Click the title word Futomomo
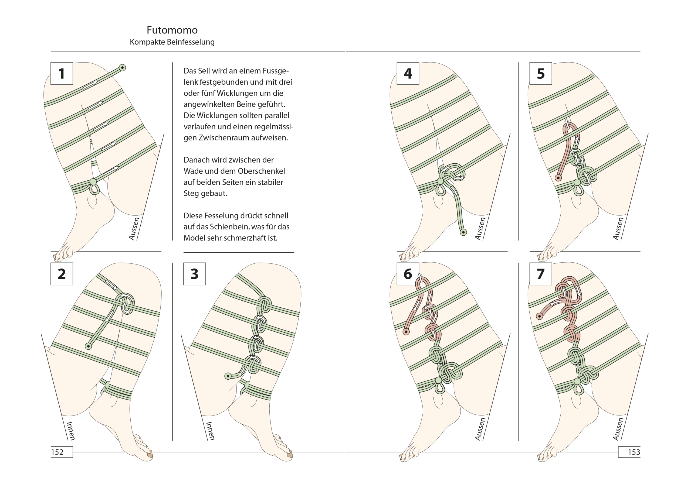coord(172,30)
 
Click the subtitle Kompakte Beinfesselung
coord(172,42)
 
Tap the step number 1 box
coord(62,73)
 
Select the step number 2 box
coord(62,274)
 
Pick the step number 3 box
coord(194,274)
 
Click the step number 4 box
coord(408,73)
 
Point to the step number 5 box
coord(541,73)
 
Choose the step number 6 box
coord(408,274)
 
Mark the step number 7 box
coord(541,274)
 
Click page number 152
coord(57,452)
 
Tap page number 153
coord(634,452)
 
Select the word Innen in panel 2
coord(70,431)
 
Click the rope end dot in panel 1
coord(123,68)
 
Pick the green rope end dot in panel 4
coord(463,232)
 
